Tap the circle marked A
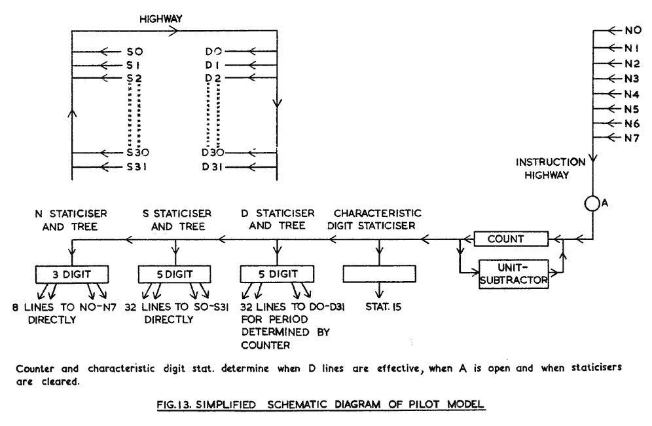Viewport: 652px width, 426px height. tap(592, 203)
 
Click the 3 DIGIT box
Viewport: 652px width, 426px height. tap(72, 272)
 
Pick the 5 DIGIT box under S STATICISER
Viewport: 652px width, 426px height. tap(175, 272)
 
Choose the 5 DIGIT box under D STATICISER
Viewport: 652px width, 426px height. tap(278, 272)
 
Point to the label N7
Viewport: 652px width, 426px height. tap(632, 138)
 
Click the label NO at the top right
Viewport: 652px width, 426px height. tap(632, 30)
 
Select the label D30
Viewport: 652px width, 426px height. tap(214, 153)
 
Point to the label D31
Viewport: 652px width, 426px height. tap(213, 166)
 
